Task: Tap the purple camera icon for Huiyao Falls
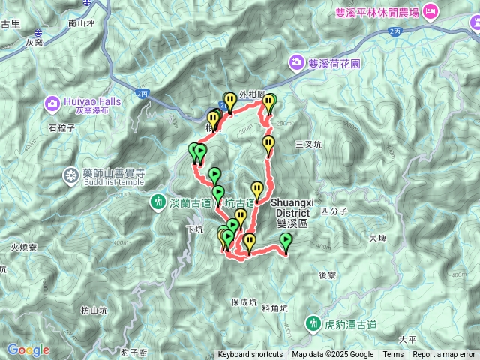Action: pos(52,102)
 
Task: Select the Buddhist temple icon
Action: pos(71,175)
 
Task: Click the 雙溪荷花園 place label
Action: pos(334,63)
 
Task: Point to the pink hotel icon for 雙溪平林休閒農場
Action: pos(430,10)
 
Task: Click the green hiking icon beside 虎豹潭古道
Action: pos(312,323)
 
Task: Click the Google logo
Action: pos(28,349)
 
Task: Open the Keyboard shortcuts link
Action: pos(250,355)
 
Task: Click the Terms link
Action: pos(393,355)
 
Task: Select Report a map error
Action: pos(444,355)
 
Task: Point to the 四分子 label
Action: pos(334,211)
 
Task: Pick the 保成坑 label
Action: pos(244,302)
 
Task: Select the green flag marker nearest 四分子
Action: pos(286,241)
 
